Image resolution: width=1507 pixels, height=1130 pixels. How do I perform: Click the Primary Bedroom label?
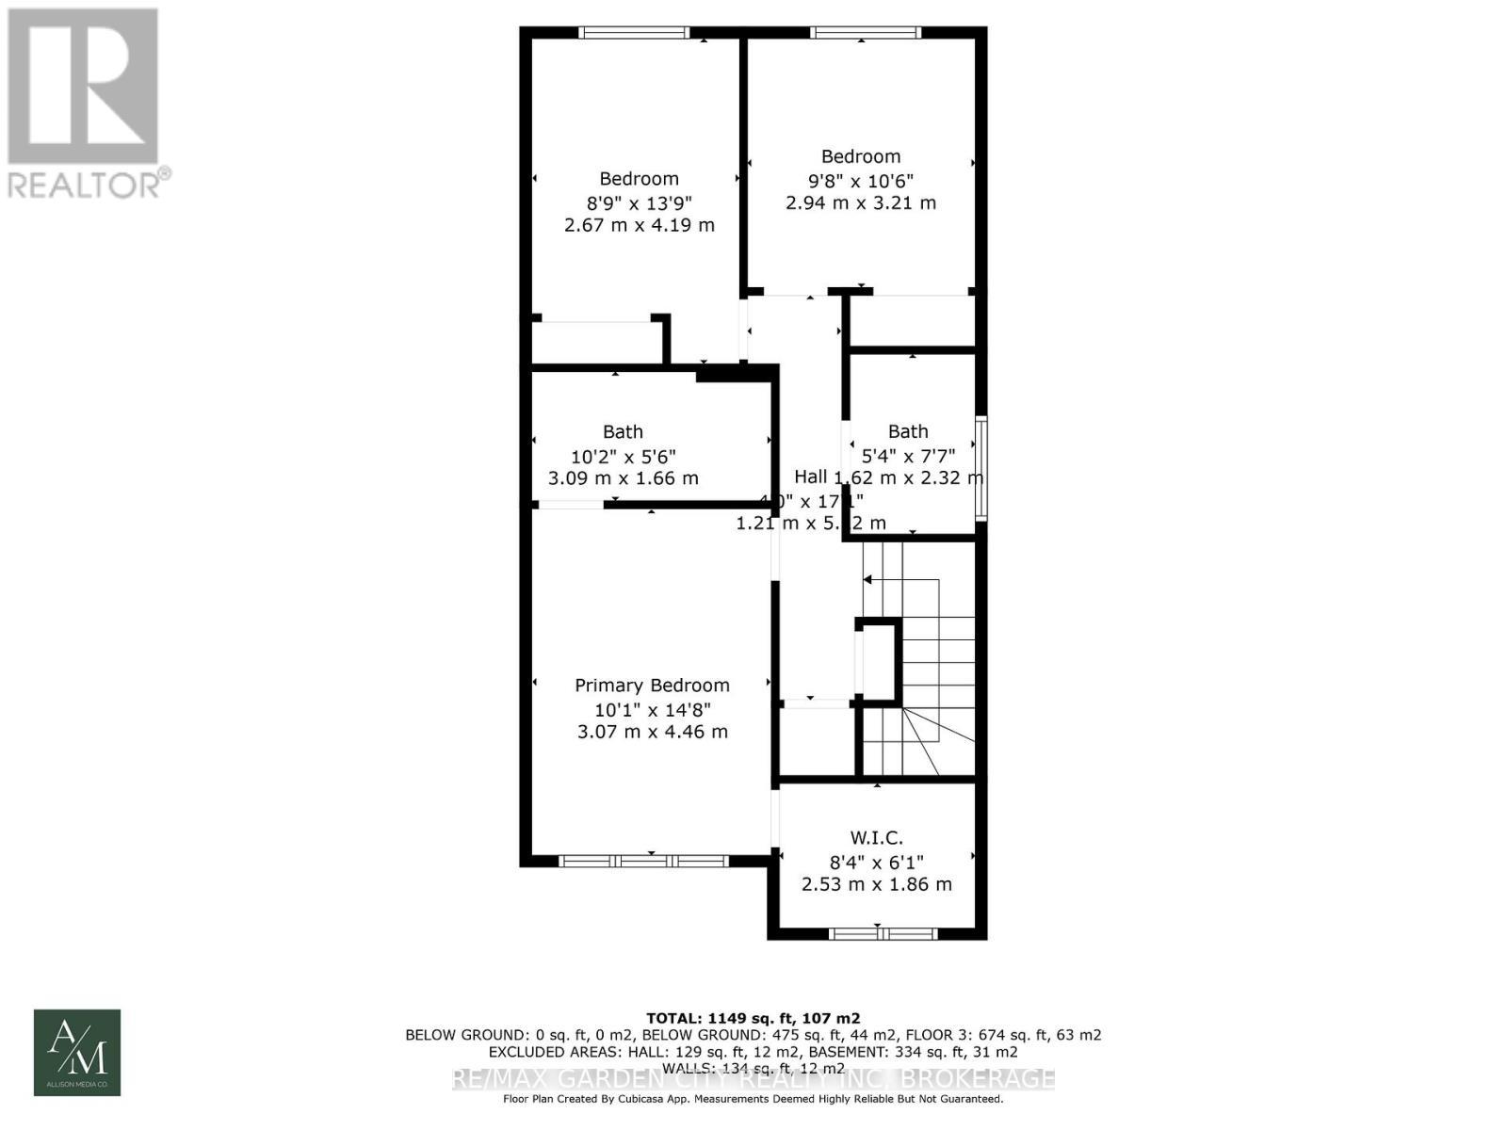click(652, 686)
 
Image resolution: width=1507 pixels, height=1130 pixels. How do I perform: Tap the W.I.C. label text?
click(876, 837)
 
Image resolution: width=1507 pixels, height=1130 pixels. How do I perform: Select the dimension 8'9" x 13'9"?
click(639, 202)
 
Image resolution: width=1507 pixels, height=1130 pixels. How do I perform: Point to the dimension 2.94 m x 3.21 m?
click(861, 202)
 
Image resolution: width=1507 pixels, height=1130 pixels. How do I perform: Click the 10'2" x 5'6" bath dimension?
click(623, 456)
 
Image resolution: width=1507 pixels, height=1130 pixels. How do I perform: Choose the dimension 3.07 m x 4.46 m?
click(652, 732)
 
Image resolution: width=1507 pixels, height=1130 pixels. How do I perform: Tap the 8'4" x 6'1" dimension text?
click(876, 861)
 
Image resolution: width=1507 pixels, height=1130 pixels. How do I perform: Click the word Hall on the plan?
click(810, 476)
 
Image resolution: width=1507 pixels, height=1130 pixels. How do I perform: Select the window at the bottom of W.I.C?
click(883, 934)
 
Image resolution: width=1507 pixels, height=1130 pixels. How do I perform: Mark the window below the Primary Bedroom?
click(643, 861)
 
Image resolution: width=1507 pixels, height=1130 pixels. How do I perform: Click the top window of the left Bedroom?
click(634, 33)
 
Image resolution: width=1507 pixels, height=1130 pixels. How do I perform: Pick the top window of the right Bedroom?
click(866, 33)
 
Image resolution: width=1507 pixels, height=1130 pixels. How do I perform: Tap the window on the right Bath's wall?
click(980, 468)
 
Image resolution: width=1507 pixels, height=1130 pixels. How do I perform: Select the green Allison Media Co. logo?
click(77, 1053)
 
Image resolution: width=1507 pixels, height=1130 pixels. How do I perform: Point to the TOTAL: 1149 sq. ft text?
click(753, 1018)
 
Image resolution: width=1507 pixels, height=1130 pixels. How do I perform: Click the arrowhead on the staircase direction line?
click(867, 579)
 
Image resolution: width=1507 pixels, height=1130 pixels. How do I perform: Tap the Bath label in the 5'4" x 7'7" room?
click(908, 431)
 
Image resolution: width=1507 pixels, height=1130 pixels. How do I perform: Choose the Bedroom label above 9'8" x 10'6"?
click(861, 156)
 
